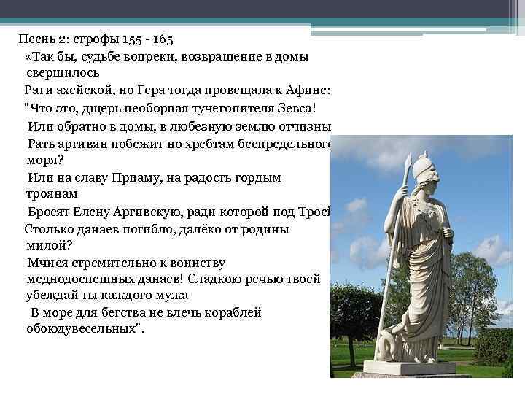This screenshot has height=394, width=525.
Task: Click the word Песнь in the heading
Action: click(x=34, y=38)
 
